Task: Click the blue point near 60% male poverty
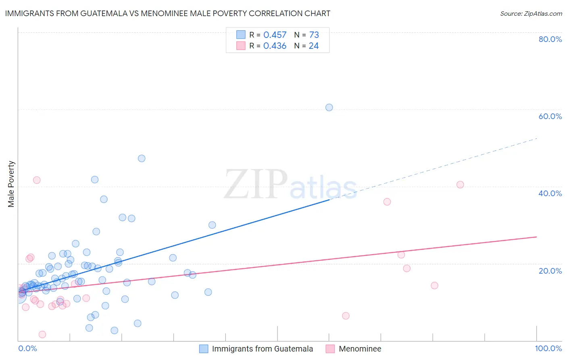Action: pyautogui.click(x=329, y=107)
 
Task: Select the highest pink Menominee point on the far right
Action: pyautogui.click(x=460, y=184)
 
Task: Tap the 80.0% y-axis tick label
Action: pyautogui.click(x=550, y=39)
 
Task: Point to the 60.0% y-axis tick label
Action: pyautogui.click(x=550, y=116)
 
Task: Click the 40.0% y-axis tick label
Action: pyautogui.click(x=550, y=193)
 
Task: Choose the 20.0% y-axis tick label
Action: pyautogui.click(x=550, y=271)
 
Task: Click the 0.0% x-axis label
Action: pyautogui.click(x=27, y=348)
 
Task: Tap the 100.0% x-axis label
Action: pyautogui.click(x=548, y=348)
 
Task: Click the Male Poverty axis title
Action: pyautogui.click(x=11, y=184)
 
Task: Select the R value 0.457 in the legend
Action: pyautogui.click(x=275, y=35)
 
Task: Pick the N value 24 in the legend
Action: pyautogui.click(x=314, y=46)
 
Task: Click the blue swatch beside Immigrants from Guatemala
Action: pyautogui.click(x=204, y=349)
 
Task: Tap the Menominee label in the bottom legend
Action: pyautogui.click(x=360, y=349)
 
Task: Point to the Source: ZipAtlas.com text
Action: pyautogui.click(x=531, y=14)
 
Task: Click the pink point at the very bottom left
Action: pyautogui.click(x=42, y=334)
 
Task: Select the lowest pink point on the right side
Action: pyautogui.click(x=346, y=316)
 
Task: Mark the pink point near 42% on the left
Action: pyautogui.click(x=37, y=180)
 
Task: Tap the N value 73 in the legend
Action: pyautogui.click(x=314, y=35)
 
